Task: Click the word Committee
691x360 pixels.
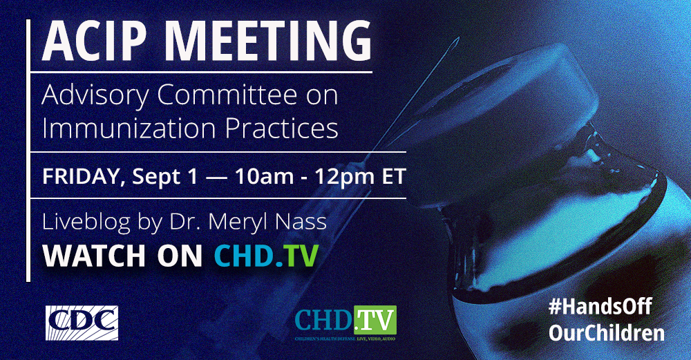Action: (x=227, y=94)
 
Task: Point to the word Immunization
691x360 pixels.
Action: (x=129, y=128)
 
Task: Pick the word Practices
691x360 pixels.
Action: (x=282, y=128)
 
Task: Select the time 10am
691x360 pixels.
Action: (x=264, y=177)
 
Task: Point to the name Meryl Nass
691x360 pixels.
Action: (x=267, y=222)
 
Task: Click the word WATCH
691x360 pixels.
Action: (x=94, y=256)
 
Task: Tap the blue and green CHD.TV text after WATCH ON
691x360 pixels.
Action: (x=266, y=256)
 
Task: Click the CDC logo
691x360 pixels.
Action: (x=82, y=323)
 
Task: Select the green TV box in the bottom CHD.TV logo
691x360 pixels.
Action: (x=375, y=320)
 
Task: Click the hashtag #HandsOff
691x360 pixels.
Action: (x=600, y=306)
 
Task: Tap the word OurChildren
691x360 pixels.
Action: (x=607, y=332)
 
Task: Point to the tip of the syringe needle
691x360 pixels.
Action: (x=458, y=38)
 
